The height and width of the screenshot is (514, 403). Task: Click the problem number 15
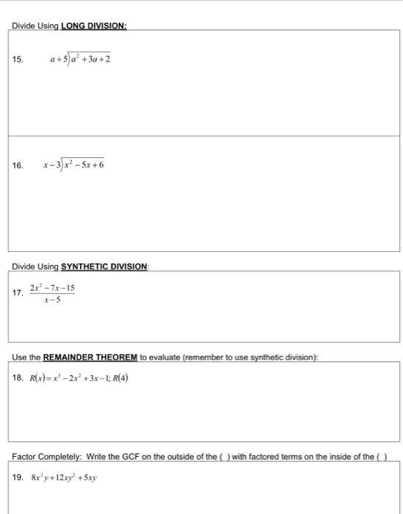coord(18,59)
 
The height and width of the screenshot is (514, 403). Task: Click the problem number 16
coord(18,165)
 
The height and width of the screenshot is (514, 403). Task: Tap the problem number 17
coord(18,292)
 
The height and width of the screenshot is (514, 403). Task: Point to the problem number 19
coord(18,477)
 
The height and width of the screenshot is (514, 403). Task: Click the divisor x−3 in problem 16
coord(54,165)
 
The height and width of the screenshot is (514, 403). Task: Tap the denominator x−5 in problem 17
coord(52,299)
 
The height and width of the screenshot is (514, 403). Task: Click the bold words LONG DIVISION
coord(92,26)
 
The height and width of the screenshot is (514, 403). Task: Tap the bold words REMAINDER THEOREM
coord(90,358)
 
